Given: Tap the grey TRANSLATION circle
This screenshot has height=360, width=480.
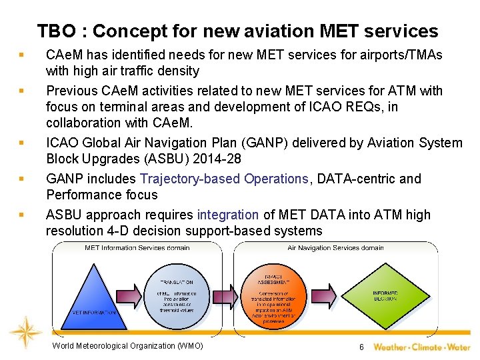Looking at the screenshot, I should point(176,294).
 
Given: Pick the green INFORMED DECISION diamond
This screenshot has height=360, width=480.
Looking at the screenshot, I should point(386,294).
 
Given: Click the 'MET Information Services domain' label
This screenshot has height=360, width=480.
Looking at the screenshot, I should point(137,248).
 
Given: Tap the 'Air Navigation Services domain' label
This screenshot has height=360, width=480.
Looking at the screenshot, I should point(335,248).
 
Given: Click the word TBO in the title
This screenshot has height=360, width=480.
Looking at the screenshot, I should point(57,31).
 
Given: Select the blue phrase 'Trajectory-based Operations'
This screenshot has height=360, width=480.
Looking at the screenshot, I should point(223,179).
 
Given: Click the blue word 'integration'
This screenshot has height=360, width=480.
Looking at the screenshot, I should point(227,215).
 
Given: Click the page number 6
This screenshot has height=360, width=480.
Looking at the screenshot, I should point(361,347).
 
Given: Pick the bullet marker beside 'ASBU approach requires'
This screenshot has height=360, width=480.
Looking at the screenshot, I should point(22,215).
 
